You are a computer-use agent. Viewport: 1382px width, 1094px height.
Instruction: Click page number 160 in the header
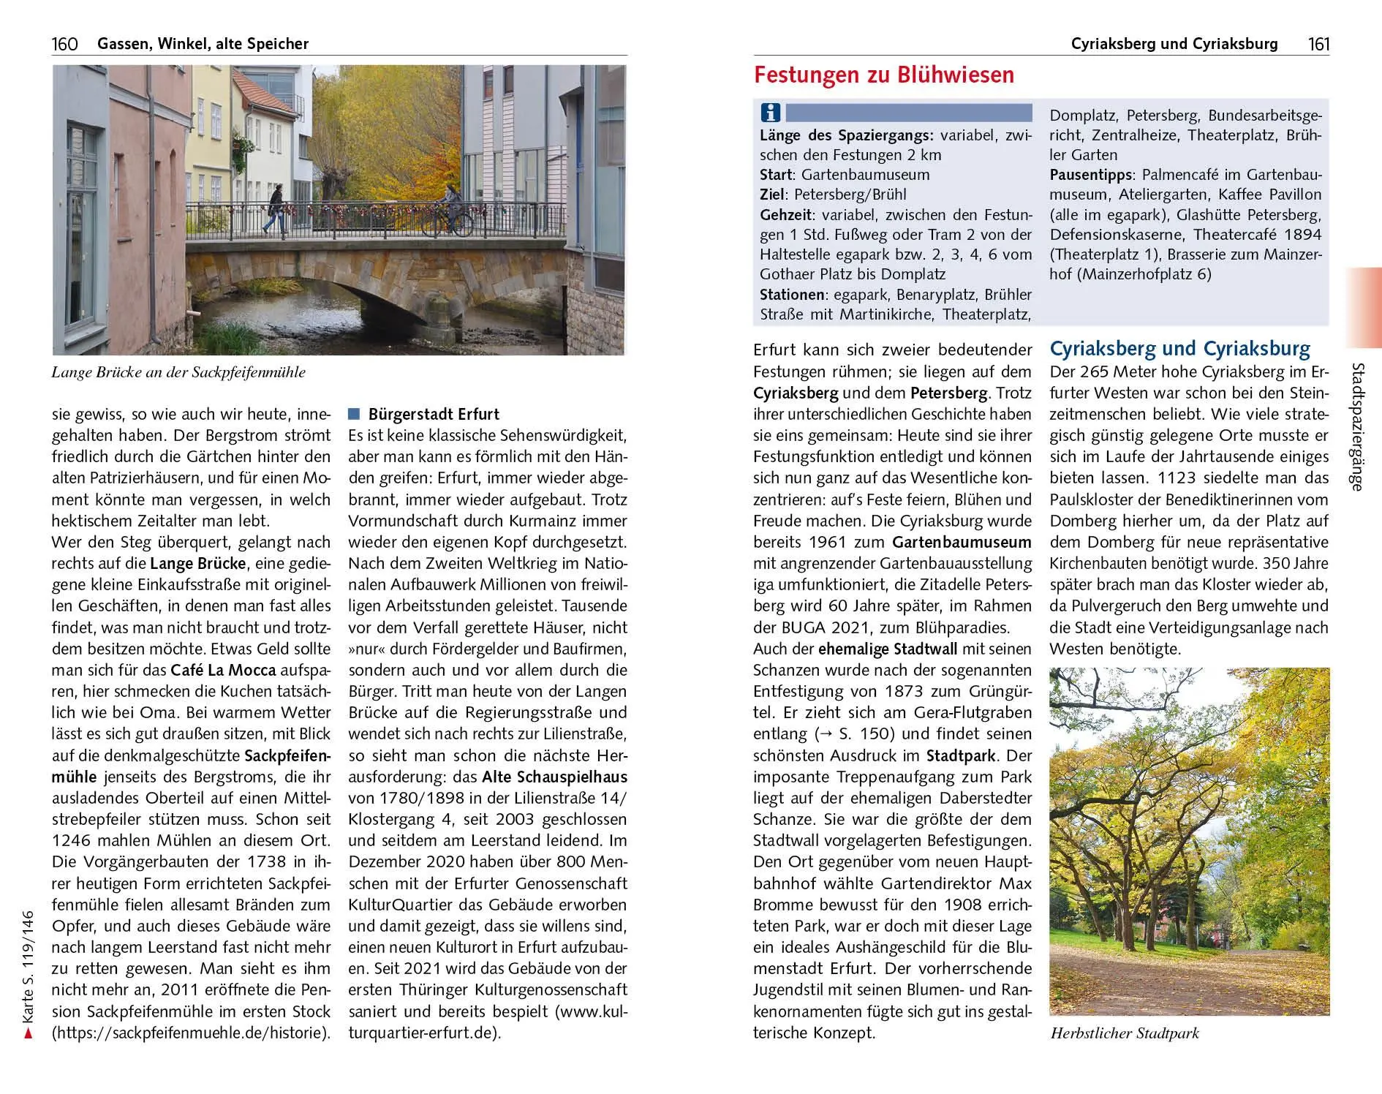click(x=64, y=44)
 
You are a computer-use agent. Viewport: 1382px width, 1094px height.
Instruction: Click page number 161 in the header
click(x=1318, y=44)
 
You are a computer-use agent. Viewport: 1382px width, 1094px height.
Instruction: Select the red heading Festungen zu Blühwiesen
click(x=883, y=75)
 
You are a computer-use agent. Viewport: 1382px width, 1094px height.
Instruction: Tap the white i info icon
click(x=770, y=113)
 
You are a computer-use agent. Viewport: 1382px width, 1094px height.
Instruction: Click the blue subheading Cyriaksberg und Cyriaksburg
click(x=1179, y=348)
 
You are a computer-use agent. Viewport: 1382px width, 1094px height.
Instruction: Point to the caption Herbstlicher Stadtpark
click(x=1125, y=1033)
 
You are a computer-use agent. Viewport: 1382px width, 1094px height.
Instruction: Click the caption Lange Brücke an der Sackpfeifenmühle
click(x=178, y=372)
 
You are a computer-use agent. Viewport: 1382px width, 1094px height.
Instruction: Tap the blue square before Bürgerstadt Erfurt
click(x=355, y=414)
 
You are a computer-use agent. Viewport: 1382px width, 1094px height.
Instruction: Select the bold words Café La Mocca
click(x=223, y=670)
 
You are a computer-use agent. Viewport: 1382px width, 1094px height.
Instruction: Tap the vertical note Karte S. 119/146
click(x=29, y=972)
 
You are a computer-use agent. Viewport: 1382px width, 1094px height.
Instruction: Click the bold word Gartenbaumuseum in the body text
click(x=962, y=543)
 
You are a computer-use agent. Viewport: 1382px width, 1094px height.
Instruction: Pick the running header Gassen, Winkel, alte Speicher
click(x=203, y=44)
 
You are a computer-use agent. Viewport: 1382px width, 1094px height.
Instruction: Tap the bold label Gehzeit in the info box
click(x=785, y=215)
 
